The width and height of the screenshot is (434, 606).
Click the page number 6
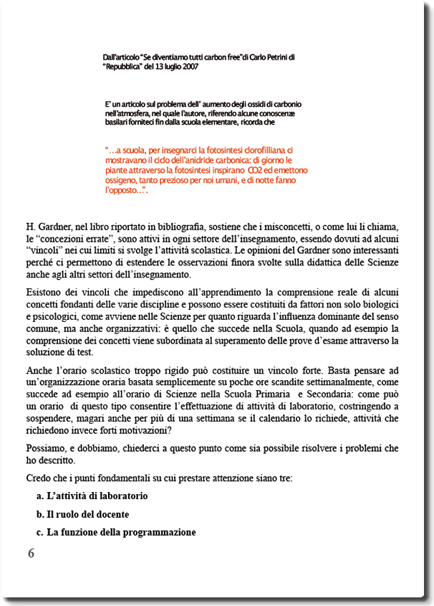pos(31,553)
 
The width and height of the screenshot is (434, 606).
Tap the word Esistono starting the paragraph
pos(46,293)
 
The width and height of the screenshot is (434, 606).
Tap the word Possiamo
pos(49,448)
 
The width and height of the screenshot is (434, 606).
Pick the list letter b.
pos(39,514)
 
